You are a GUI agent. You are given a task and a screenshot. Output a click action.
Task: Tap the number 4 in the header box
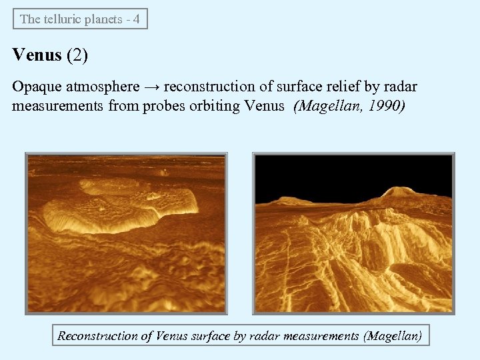(x=136, y=19)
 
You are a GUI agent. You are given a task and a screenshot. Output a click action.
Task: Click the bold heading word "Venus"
(x=37, y=55)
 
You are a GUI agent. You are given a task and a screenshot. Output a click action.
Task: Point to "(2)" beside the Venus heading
(x=77, y=55)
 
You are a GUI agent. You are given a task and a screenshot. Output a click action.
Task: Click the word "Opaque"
(x=34, y=87)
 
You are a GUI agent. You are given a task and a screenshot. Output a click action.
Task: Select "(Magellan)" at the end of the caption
(x=393, y=336)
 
